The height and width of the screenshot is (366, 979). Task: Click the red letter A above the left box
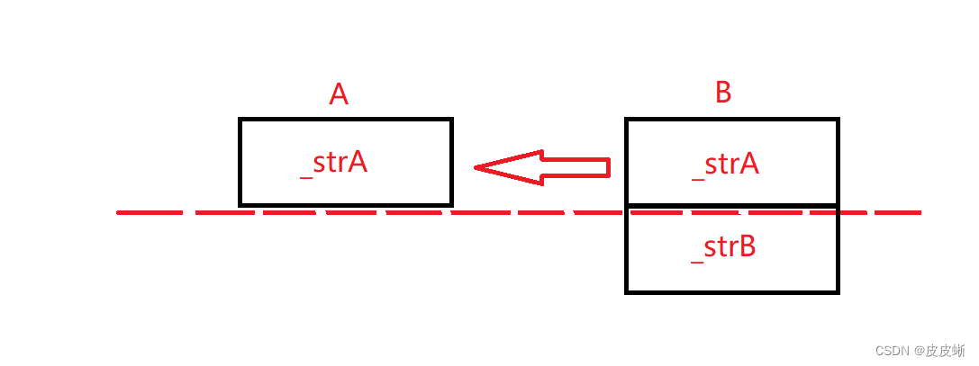click(339, 94)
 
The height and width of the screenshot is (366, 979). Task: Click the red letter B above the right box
click(723, 93)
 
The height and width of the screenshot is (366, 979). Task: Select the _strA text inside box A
click(333, 164)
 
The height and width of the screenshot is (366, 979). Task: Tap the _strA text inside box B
click(725, 165)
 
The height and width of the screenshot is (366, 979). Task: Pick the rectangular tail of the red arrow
click(576, 167)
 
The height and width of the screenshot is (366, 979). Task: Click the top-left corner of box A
click(240, 120)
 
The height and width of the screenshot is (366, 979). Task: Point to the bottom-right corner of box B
click(838, 291)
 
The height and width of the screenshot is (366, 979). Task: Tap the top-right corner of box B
click(838, 120)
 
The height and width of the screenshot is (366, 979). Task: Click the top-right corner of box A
click(451, 120)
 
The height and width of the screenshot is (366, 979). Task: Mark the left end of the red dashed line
click(120, 213)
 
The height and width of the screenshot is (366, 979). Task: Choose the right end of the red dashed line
click(920, 213)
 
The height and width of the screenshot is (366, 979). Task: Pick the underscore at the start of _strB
click(696, 260)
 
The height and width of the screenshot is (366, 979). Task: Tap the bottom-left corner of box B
click(627, 291)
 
